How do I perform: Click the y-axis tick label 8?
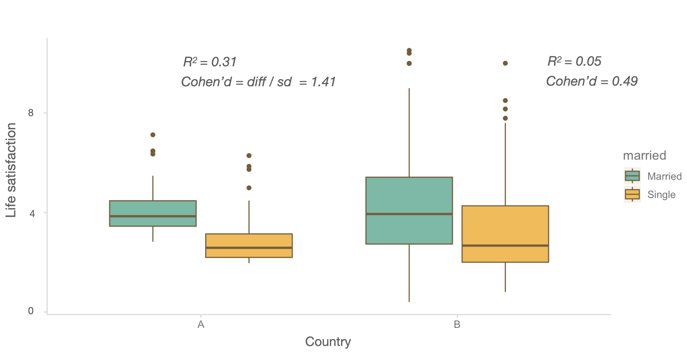click(31, 113)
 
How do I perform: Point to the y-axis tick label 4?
click(32, 213)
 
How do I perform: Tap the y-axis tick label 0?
click(31, 311)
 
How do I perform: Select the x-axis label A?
click(201, 324)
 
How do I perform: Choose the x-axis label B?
click(457, 324)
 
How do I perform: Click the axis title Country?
click(328, 342)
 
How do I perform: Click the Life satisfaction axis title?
click(11, 170)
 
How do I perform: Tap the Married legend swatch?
click(632, 176)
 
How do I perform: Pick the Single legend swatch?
click(632, 194)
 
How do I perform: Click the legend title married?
click(644, 155)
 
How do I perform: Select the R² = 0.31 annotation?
click(210, 62)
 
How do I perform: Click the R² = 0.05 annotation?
click(574, 61)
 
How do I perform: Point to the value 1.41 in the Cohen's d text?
click(324, 82)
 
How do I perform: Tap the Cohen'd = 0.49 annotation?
click(592, 81)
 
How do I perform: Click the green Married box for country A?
click(153, 213)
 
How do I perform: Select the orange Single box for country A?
click(249, 245)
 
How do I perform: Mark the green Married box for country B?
click(409, 211)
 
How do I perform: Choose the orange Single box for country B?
click(505, 234)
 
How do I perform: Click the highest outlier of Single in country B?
click(505, 63)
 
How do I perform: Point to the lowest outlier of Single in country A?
click(249, 188)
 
